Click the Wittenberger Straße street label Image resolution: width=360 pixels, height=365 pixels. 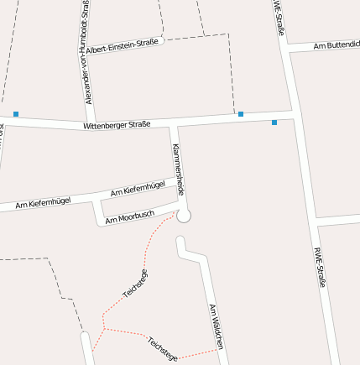[x=116, y=125]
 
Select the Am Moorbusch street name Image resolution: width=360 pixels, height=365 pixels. [x=129, y=217]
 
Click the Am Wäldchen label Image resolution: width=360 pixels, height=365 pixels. [x=216, y=326]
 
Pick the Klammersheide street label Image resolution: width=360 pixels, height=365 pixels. [x=178, y=164]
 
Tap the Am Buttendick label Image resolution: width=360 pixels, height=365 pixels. [x=336, y=44]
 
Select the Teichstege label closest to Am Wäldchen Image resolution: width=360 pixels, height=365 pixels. [x=162, y=347]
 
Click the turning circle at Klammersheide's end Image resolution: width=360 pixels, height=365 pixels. [x=184, y=216]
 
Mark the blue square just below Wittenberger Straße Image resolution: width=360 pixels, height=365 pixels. [x=274, y=123]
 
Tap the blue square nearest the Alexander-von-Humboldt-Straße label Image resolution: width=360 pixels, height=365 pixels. [x=16, y=113]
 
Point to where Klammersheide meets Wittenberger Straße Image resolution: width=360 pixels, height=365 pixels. [x=174, y=123]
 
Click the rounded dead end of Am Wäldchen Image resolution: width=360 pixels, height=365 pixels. [x=179, y=242]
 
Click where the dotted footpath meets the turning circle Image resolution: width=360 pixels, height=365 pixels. [x=177, y=214]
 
